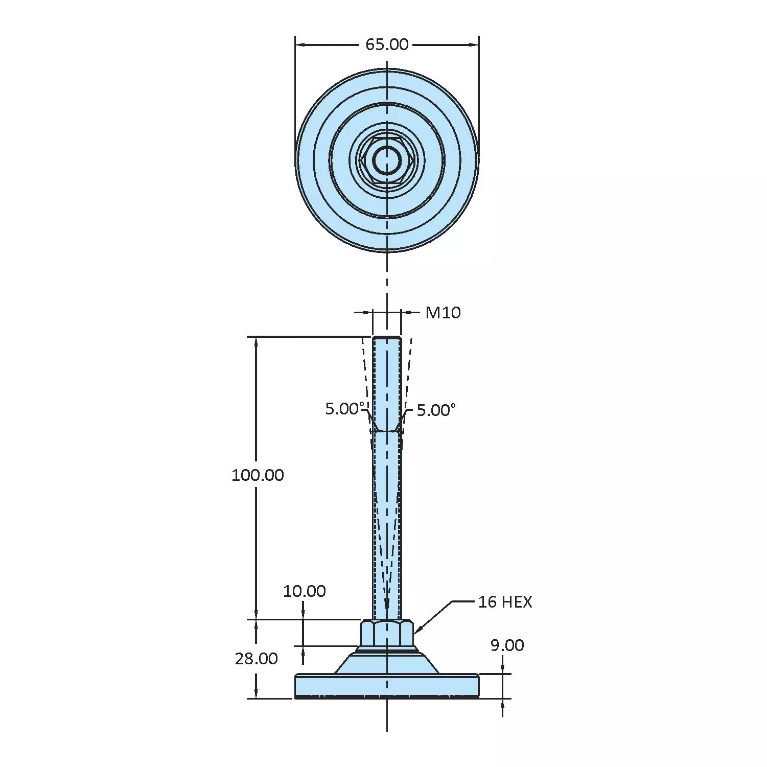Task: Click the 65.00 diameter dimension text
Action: [387, 44]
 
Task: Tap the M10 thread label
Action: [443, 312]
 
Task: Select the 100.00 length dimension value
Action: [258, 475]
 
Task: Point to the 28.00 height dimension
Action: [257, 659]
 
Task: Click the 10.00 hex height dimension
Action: [305, 591]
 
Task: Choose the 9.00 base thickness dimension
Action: [507, 645]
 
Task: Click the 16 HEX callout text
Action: [505, 602]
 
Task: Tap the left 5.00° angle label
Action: [345, 409]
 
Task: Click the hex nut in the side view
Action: [387, 633]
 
